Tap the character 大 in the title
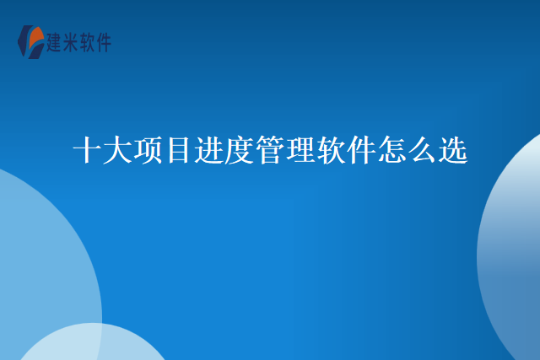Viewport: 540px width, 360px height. point(117,150)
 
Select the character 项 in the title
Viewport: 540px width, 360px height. point(148,150)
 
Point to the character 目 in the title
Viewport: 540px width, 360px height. point(178,150)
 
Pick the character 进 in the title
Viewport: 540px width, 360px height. point(209,150)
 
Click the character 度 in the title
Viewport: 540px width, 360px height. point(240,150)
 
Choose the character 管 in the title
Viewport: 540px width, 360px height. point(270,150)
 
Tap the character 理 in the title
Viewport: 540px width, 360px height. point(300,150)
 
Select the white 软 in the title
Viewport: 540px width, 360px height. point(331,150)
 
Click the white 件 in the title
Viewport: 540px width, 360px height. point(361,150)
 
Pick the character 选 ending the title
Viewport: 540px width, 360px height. point(453,150)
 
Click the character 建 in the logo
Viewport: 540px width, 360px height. point(54,43)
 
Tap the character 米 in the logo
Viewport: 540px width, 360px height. point(71,43)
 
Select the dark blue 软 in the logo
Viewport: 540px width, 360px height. point(87,43)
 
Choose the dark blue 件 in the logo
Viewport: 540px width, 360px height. point(103,43)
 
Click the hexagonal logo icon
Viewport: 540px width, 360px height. point(31,42)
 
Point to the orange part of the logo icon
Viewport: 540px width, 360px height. point(35,37)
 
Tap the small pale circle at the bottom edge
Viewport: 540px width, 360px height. point(92,342)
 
